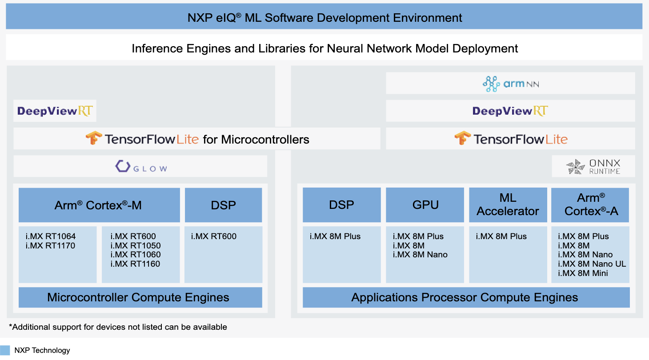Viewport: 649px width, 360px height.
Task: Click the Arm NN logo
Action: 510,84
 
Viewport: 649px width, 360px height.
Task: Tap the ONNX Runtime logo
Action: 593,166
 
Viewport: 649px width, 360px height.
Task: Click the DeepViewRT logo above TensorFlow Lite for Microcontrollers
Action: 55,111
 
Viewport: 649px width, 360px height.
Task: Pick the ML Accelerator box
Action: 508,205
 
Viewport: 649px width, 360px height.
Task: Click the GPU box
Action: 425,205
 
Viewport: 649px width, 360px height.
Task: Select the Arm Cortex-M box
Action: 99,205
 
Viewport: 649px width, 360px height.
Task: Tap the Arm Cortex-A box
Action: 590,205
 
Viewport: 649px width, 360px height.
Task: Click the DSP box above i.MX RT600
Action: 223,205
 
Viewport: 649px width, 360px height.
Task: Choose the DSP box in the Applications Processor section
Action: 341,205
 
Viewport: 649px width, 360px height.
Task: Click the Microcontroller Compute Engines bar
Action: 138,297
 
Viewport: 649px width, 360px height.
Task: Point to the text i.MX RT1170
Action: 50,246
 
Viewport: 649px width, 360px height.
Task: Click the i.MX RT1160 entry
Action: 135,264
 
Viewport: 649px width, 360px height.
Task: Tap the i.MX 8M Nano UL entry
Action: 592,264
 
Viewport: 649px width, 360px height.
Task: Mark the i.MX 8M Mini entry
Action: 583,273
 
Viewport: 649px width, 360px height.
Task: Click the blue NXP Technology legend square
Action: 5,350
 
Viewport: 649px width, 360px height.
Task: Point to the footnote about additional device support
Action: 118,327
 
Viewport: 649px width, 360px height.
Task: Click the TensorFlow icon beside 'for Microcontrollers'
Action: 94,139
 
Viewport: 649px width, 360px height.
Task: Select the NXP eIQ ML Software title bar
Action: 324,18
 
